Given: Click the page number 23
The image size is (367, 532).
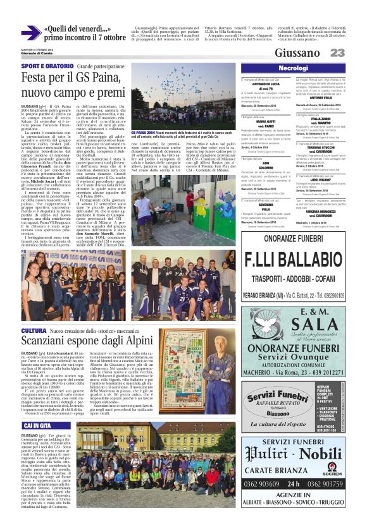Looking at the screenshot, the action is click(x=337, y=52).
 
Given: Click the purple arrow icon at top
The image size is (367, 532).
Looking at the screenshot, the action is click(x=31, y=33).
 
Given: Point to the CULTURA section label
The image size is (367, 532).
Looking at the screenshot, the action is click(x=34, y=331).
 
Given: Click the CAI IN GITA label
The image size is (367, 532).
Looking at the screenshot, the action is click(x=37, y=426).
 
